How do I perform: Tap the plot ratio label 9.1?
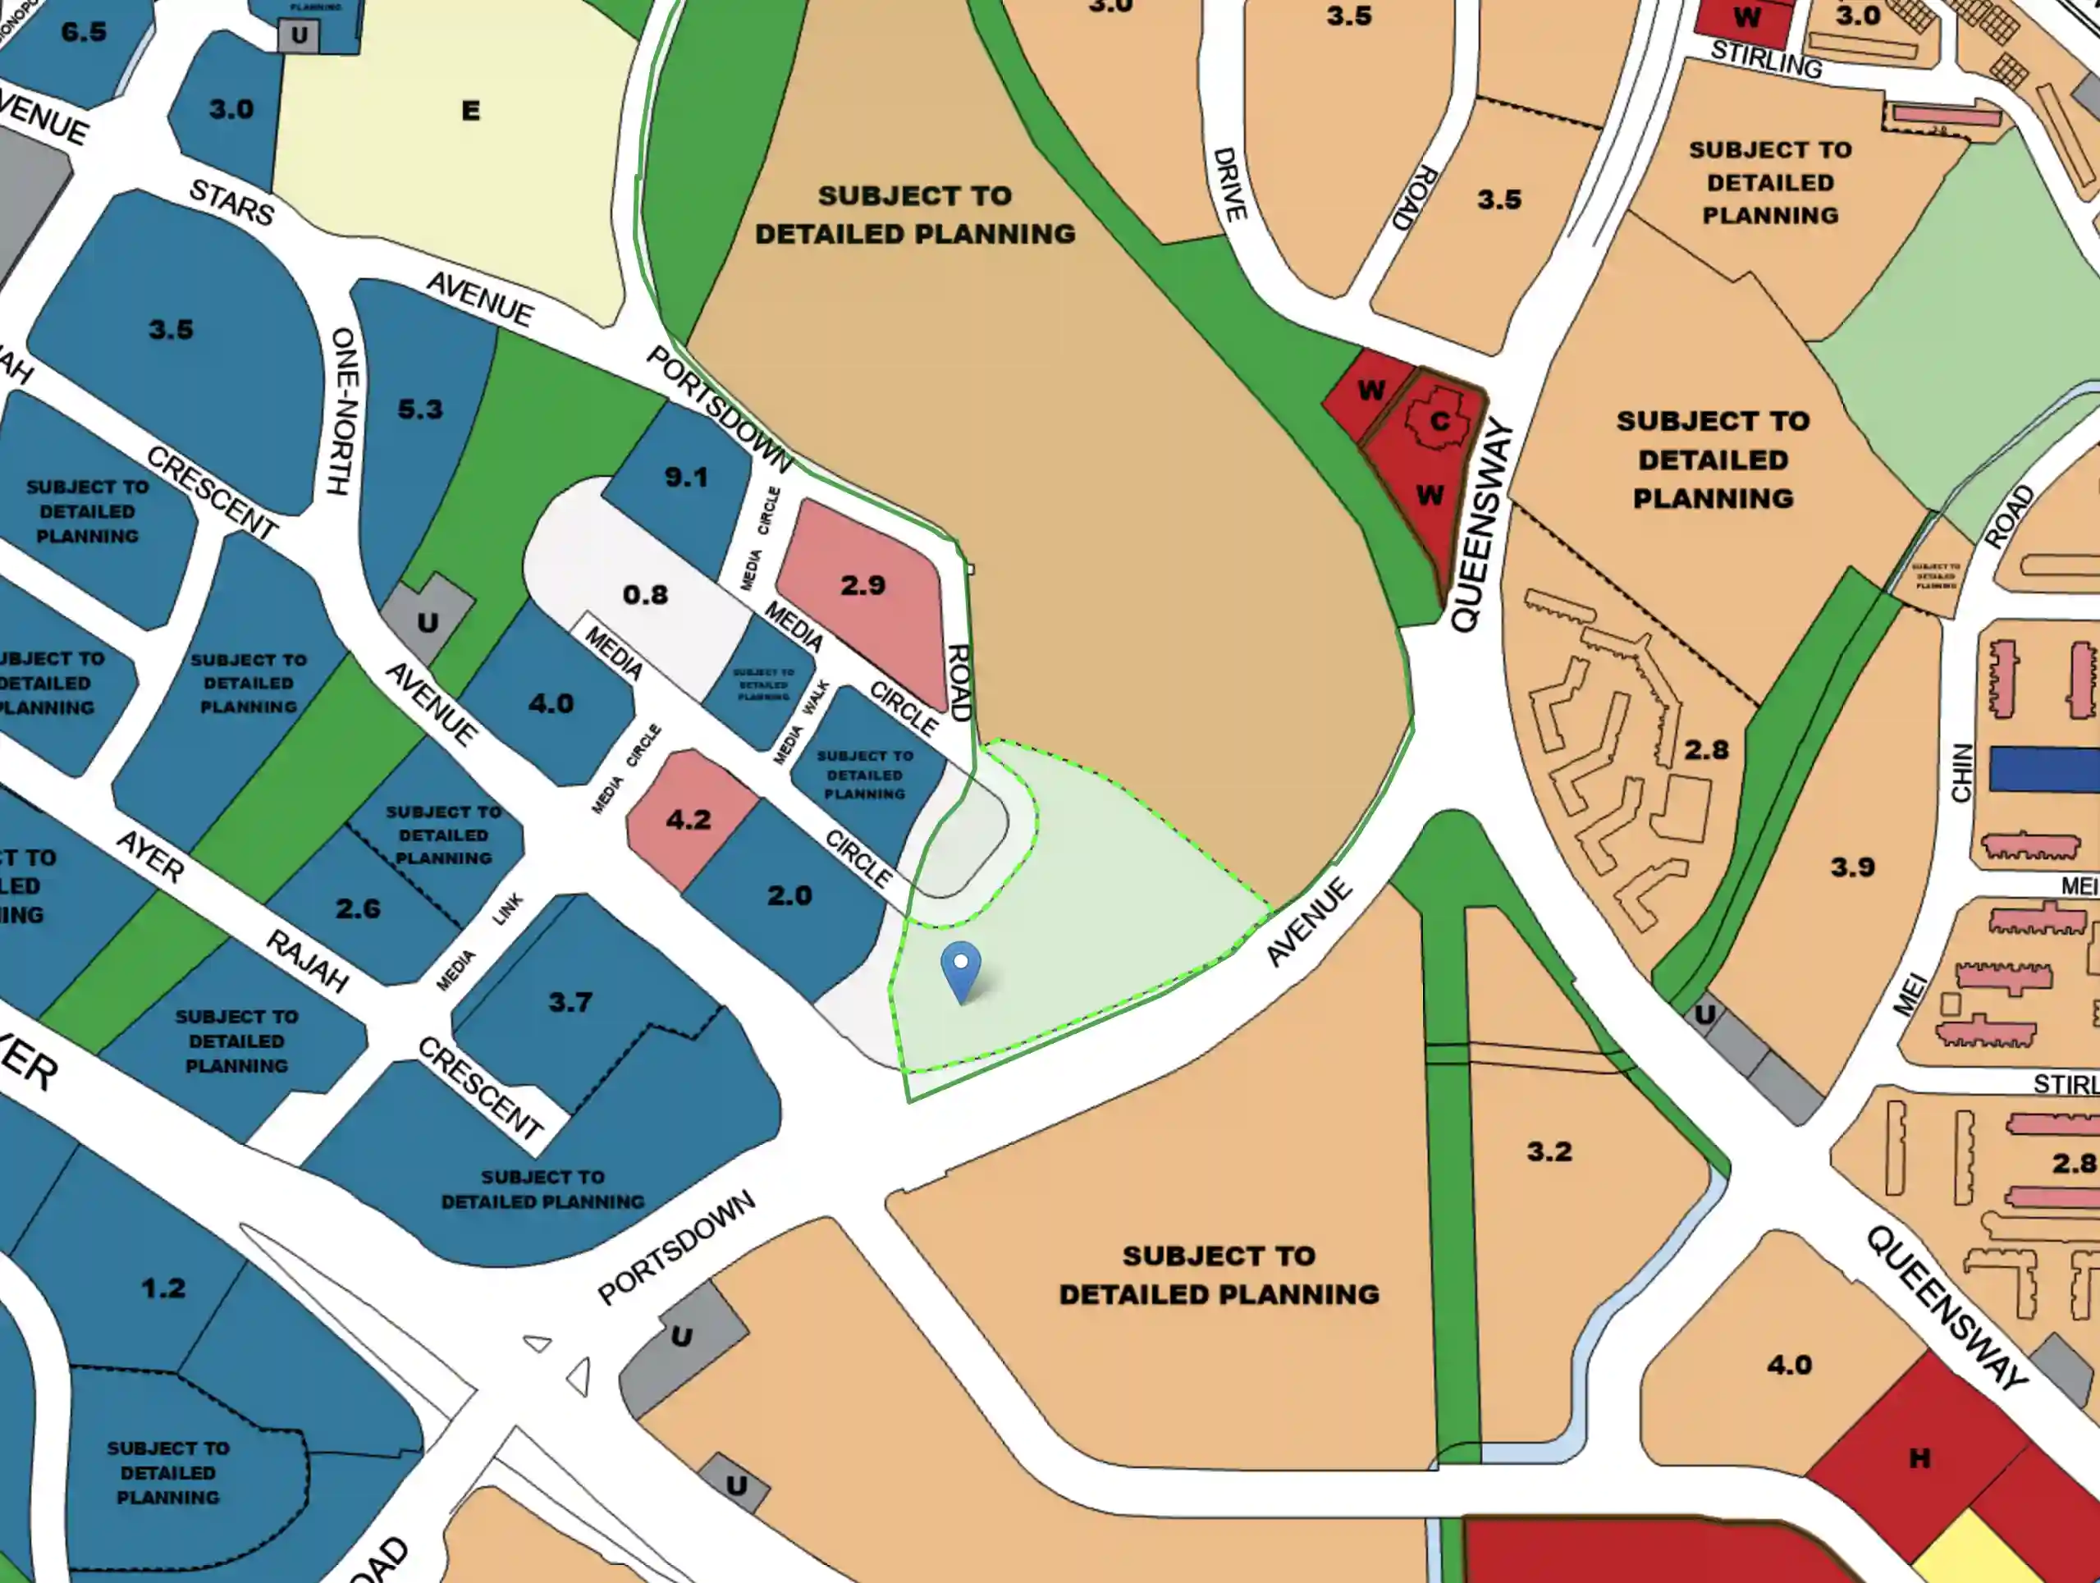(685, 477)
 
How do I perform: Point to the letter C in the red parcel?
(1439, 422)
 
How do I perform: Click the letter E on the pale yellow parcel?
(470, 111)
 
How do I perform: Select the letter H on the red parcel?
(1919, 1457)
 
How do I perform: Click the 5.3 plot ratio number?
(419, 409)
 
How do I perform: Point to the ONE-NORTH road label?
(343, 410)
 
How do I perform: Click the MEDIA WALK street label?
(803, 721)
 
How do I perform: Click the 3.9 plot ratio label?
(1852, 867)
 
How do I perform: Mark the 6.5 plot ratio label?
(84, 32)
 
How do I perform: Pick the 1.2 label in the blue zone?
(163, 1288)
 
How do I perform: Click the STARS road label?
(231, 202)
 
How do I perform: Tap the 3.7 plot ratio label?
(570, 1002)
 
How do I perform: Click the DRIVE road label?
(1229, 184)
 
